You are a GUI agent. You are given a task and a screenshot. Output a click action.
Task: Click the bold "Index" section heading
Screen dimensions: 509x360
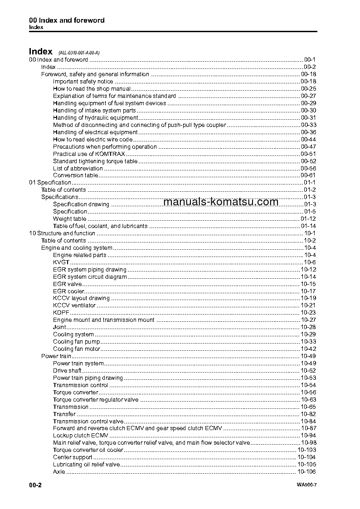click(40, 52)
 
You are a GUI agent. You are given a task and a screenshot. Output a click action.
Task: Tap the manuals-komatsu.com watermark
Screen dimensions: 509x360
click(220, 202)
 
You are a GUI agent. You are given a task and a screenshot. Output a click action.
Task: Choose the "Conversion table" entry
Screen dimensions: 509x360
click(75, 175)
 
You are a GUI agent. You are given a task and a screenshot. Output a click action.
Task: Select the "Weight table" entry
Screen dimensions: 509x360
click(69, 219)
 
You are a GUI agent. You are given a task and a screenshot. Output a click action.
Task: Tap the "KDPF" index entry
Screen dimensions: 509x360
click(61, 313)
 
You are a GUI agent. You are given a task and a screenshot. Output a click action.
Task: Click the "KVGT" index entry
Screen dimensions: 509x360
click(61, 262)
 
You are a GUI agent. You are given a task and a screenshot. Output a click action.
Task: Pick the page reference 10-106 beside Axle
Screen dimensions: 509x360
click(306, 472)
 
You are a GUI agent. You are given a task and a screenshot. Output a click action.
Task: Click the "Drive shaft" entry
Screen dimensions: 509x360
click(67, 371)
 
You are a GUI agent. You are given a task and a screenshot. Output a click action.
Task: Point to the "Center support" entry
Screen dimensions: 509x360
click(73, 458)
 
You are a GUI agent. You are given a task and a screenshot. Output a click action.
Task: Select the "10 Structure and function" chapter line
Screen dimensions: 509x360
click(62, 233)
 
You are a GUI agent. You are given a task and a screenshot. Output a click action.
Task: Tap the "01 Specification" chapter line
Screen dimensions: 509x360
click(50, 183)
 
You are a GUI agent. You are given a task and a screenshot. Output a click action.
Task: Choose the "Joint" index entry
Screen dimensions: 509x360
click(59, 327)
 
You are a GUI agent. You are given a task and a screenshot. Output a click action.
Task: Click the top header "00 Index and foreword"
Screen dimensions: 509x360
click(67, 20)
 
